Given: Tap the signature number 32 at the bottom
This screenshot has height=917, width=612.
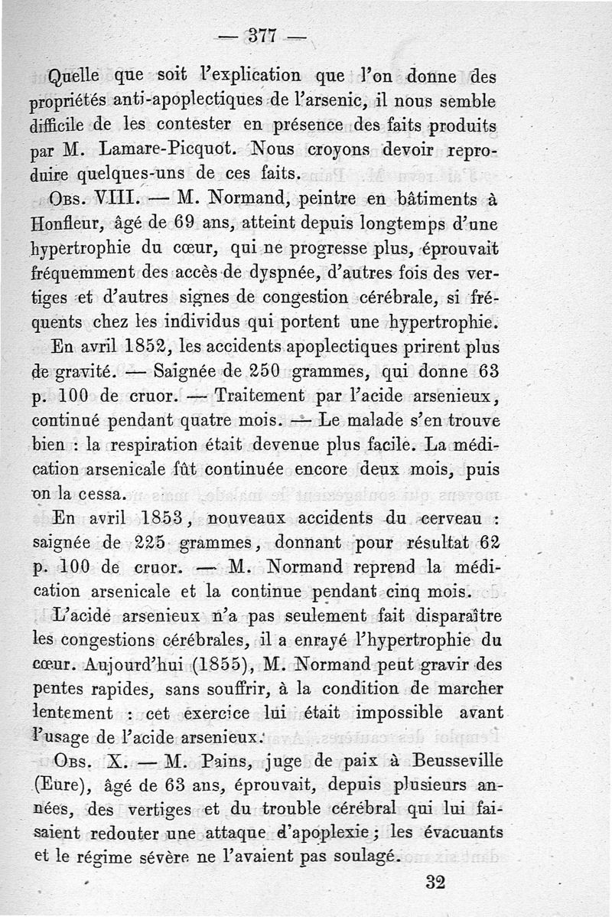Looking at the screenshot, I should coord(435,882).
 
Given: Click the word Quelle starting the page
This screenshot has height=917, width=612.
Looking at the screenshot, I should coord(74,77).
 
